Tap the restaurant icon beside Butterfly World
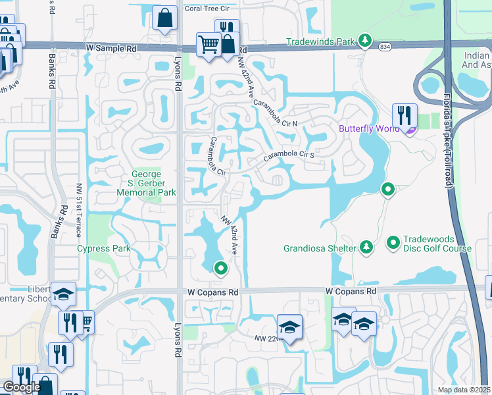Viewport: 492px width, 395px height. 405,116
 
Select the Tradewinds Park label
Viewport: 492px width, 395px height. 320,41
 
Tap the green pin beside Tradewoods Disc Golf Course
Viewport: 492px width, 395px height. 393,244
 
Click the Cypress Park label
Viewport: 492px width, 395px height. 104,248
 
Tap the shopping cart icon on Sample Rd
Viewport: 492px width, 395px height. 209,45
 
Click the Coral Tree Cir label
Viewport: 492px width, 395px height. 207,9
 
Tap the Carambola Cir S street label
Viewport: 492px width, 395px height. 290,155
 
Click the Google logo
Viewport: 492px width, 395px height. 22,387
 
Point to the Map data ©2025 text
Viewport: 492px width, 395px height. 464,390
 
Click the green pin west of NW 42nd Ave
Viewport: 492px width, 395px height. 222,268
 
